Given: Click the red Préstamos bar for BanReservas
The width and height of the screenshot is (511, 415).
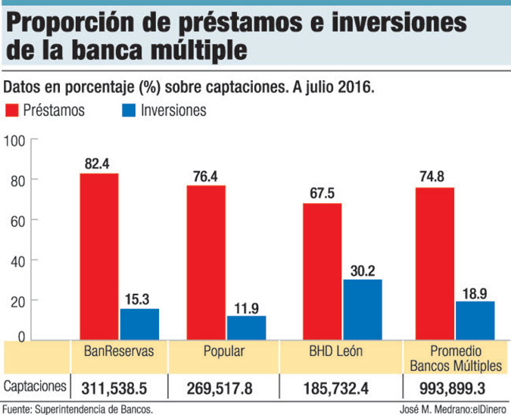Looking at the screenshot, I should tap(99, 257).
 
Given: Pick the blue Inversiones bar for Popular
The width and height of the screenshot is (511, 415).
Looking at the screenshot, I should tap(246, 327).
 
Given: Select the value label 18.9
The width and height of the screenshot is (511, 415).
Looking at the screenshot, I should tap(475, 292).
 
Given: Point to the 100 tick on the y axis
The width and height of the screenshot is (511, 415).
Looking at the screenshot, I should tap(16, 140).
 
